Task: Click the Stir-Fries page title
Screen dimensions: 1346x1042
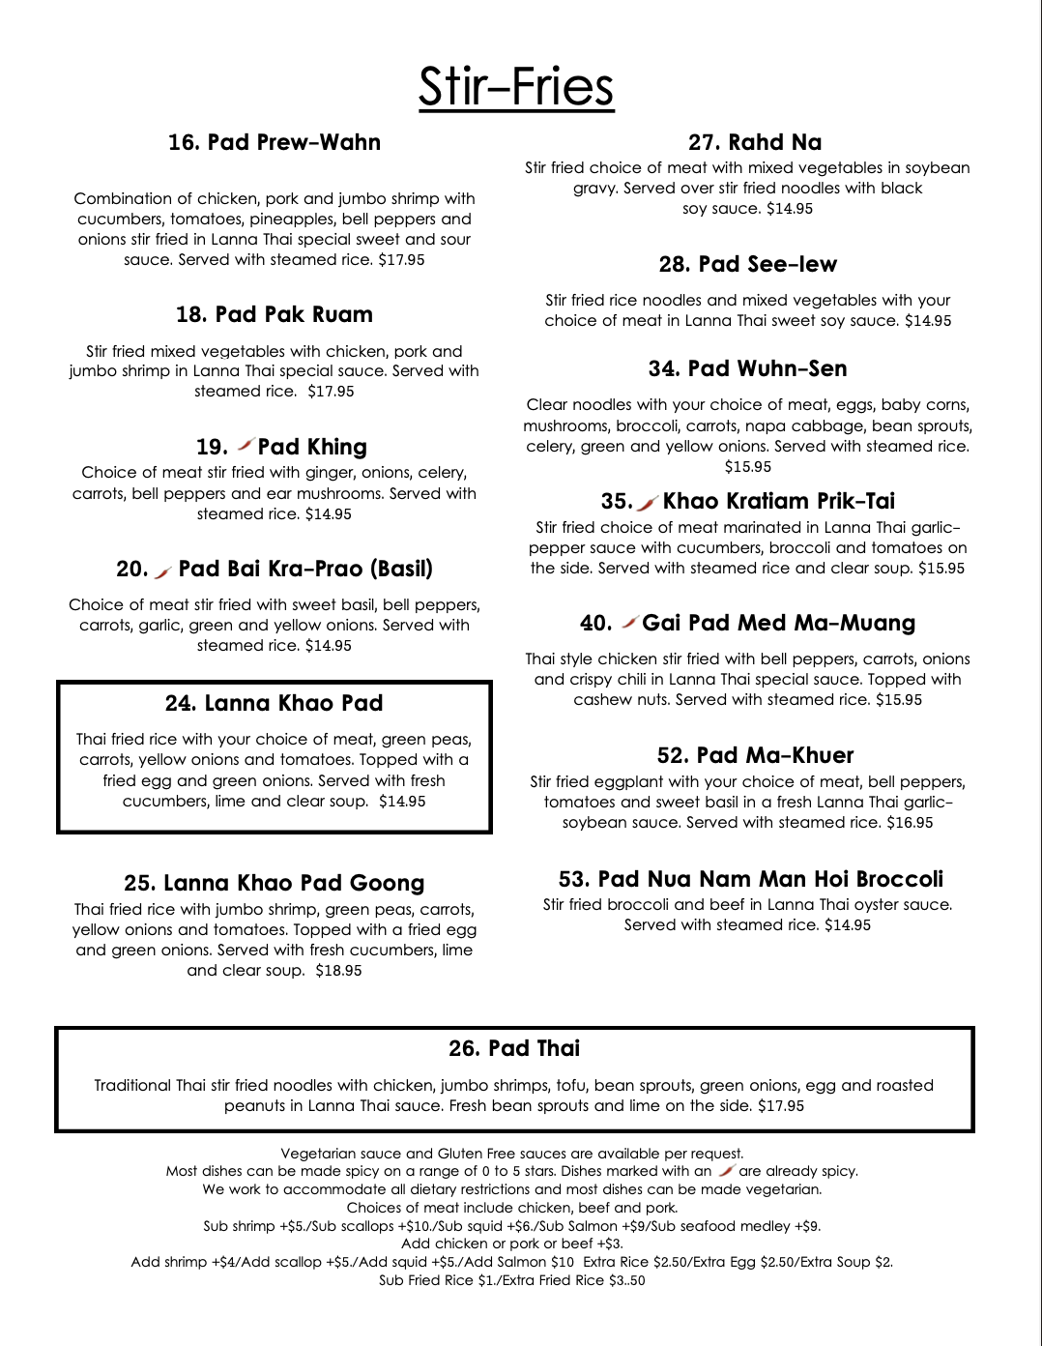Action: (516, 87)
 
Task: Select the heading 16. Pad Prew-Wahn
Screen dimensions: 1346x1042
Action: (275, 142)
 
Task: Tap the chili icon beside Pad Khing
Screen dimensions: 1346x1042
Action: (246, 445)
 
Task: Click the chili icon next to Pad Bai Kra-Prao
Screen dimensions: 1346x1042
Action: (162, 572)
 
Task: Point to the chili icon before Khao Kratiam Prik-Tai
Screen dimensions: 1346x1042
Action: (648, 502)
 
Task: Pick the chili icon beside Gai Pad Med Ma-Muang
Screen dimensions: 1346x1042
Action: (629, 622)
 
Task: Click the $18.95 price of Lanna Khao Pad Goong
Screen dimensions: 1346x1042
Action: (338, 970)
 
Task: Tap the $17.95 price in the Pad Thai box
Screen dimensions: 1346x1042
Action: (780, 1105)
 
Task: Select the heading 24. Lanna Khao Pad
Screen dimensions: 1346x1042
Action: (275, 703)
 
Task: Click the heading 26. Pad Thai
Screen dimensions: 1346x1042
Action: (514, 1048)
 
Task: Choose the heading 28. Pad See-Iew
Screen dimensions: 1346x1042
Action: (748, 264)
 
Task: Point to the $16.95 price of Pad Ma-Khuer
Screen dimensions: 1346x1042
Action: (910, 822)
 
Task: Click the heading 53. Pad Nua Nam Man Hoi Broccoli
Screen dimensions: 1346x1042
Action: (751, 879)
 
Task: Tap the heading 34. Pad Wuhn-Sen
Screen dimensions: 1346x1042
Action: (748, 368)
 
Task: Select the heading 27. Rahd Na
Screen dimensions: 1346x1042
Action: (755, 142)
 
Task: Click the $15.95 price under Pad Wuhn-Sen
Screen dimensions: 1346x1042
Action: (748, 466)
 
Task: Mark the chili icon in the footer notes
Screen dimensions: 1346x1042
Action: (726, 1171)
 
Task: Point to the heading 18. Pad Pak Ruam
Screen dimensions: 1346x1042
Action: (275, 314)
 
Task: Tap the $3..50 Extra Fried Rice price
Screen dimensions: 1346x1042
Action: (625, 1280)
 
